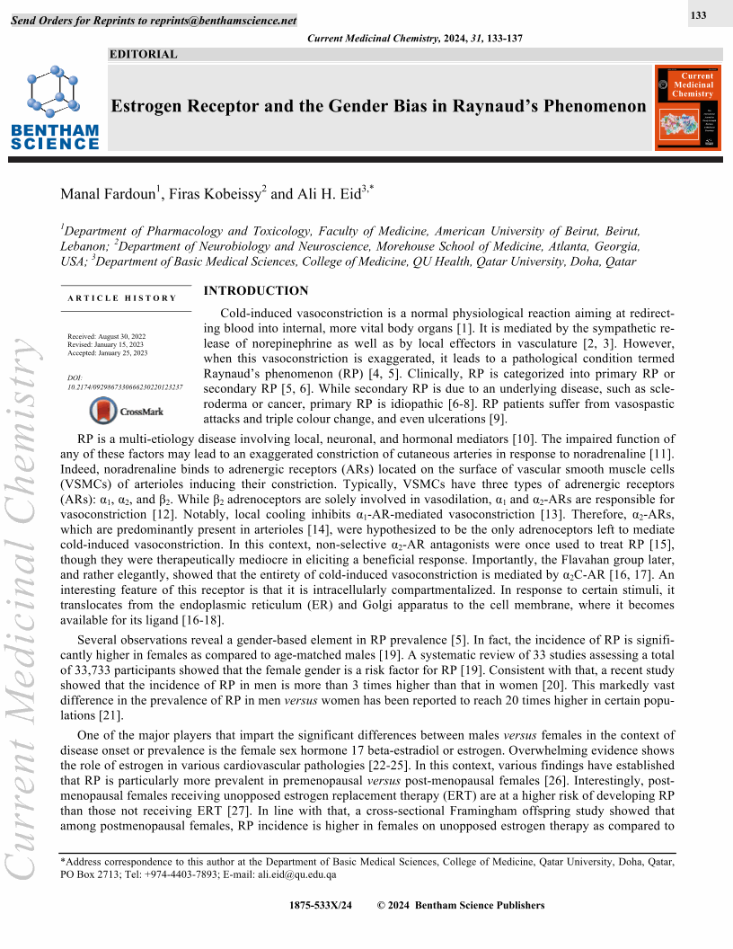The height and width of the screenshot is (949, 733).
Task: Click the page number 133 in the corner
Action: click(x=699, y=16)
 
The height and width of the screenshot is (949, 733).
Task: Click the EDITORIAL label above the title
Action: click(x=143, y=55)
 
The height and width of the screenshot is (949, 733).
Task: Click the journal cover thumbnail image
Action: click(x=689, y=107)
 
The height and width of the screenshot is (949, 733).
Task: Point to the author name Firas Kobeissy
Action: click(x=206, y=194)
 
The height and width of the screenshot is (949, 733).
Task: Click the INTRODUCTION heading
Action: click(x=256, y=291)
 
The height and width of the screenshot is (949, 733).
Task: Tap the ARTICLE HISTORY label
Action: click(x=122, y=298)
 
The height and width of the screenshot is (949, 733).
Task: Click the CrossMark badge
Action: click(x=127, y=412)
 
